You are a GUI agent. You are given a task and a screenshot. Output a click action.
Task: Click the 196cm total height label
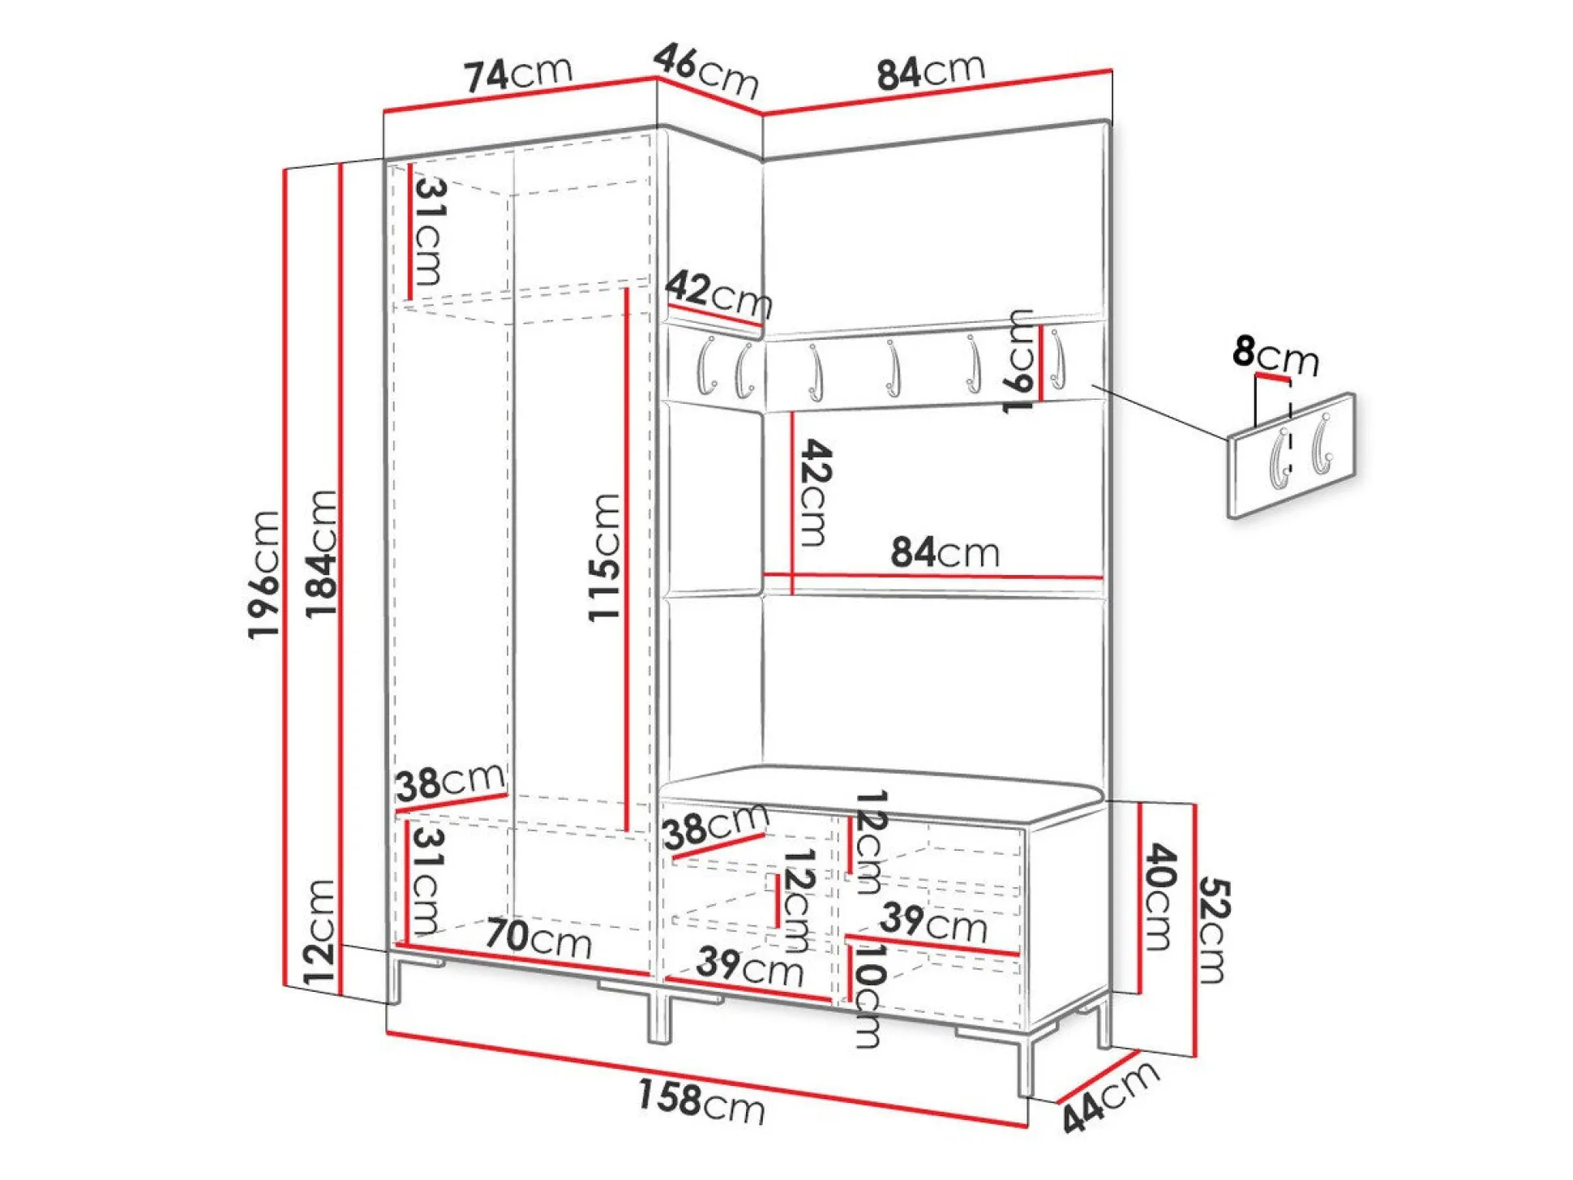264,575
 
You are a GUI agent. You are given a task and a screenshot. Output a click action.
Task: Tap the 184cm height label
321,554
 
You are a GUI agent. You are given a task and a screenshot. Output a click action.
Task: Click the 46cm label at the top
706,70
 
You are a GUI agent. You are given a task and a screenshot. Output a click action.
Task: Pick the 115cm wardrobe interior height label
604,558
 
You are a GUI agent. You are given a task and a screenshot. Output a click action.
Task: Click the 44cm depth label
1110,1096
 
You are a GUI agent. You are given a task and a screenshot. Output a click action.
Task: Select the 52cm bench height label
1214,930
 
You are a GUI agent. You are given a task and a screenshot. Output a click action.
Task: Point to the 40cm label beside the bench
1159,895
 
